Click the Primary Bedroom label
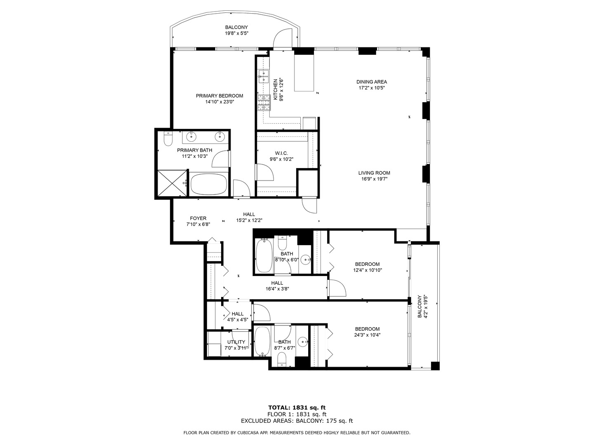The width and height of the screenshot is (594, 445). (219, 96)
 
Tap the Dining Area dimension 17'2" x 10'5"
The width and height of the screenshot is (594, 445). (372, 88)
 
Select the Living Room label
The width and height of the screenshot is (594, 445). (374, 173)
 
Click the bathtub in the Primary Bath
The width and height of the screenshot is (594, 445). (209, 185)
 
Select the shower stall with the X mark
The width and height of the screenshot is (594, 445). (170, 183)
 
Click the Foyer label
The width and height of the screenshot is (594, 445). (198, 218)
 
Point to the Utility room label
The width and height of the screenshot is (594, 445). (236, 342)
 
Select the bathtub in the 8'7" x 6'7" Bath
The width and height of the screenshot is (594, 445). (262, 342)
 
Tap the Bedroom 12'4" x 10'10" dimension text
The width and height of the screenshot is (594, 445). (368, 270)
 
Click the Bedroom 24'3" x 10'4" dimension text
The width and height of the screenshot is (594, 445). (368, 335)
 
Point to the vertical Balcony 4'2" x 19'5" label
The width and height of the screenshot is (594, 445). (422, 307)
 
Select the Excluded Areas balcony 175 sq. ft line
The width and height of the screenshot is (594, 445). (297, 421)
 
